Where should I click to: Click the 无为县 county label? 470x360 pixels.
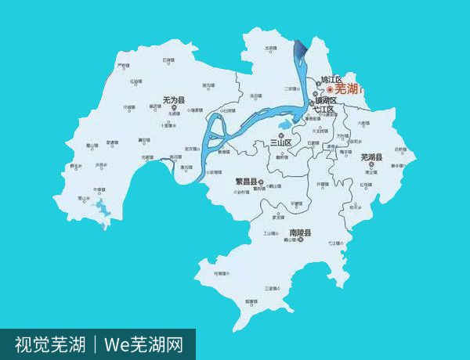click(173, 100)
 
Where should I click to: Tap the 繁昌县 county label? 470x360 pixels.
click(247, 180)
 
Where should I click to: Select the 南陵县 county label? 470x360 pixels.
click(301, 233)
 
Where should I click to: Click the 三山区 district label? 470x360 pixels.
click(280, 142)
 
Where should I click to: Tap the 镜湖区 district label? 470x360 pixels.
click(326, 101)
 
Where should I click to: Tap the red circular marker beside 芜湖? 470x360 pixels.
click(330, 90)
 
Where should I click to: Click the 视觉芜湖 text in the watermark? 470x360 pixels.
click(49, 344)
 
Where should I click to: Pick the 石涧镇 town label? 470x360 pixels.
click(167, 59)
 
